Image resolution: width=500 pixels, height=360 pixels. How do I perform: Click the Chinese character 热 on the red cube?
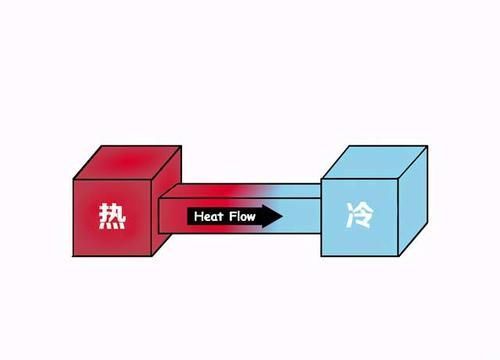tap(110, 217)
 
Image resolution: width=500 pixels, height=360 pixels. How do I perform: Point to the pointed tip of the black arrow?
tap(283, 216)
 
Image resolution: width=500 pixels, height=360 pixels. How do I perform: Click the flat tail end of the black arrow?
tap(189, 216)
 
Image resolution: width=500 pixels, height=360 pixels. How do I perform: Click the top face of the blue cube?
tap(371, 161)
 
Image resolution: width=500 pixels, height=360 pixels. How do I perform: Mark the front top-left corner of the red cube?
tap(73, 180)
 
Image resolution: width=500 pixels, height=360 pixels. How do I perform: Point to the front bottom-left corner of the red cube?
tap(73, 256)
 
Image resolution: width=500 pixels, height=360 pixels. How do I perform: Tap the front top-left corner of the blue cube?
tap(321, 180)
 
